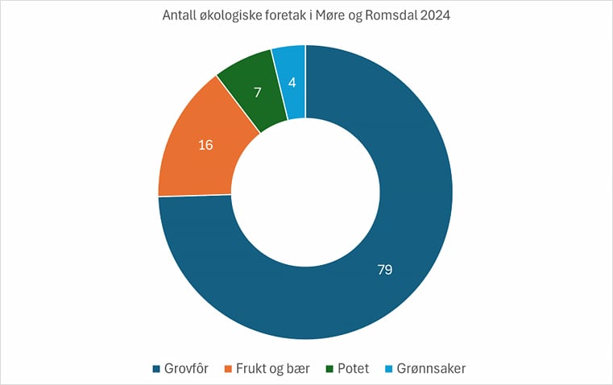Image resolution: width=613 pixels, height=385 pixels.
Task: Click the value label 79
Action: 385,269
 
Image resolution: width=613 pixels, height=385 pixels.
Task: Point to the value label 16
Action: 205,145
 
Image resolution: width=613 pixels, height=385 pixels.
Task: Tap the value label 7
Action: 257,93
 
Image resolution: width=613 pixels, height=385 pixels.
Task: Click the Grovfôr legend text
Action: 186,369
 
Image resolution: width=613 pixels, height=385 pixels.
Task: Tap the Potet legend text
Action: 353,369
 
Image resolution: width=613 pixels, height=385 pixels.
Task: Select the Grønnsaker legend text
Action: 431,369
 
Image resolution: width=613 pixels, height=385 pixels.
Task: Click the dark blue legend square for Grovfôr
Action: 157,369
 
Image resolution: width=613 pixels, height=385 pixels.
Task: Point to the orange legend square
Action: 229,369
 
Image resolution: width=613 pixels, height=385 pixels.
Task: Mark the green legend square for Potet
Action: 331,369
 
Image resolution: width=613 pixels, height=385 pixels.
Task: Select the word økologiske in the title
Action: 230,17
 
